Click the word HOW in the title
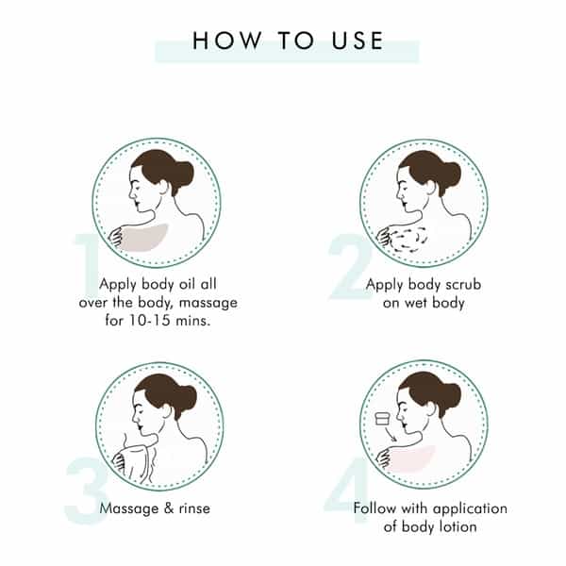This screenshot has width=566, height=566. [x=226, y=40]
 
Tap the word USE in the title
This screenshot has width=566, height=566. [x=358, y=40]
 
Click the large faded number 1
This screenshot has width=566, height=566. [x=86, y=266]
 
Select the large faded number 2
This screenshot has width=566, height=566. [x=351, y=266]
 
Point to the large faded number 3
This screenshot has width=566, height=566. [x=86, y=491]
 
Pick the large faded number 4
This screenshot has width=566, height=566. [x=346, y=490]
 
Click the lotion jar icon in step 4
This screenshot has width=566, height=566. [x=383, y=418]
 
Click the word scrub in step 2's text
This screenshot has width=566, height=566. [x=463, y=285]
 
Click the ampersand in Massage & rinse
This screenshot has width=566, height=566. [x=169, y=508]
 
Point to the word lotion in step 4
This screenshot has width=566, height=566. [x=458, y=526]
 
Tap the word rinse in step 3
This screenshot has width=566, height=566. [x=194, y=508]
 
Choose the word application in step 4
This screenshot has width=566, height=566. [x=471, y=509]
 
